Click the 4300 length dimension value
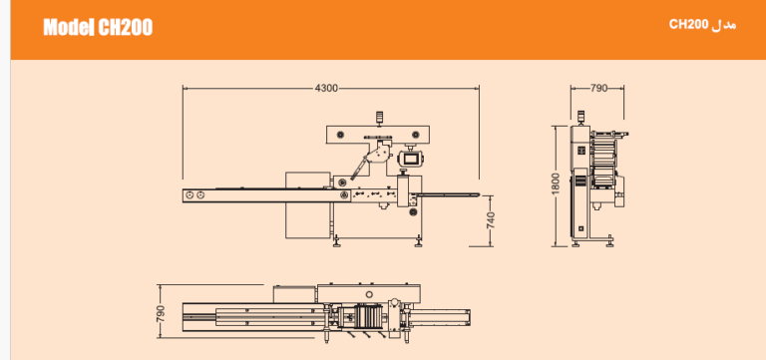point(326,89)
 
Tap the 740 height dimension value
point(491,220)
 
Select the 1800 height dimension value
point(556,183)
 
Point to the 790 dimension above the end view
point(598,89)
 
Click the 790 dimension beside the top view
point(161,313)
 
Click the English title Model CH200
point(98,27)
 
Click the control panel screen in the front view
point(411,159)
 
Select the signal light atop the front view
point(379,118)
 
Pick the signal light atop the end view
point(580,116)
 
